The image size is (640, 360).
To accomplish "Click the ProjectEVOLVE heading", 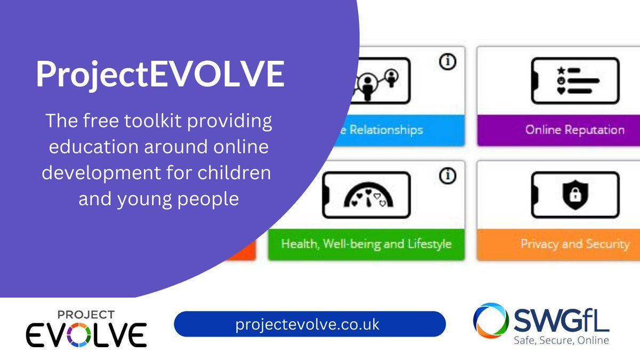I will pyautogui.click(x=160, y=75).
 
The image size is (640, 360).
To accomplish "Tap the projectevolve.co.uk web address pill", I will pyautogui.click(x=309, y=324).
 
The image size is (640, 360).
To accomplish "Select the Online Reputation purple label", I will pyautogui.click(x=558, y=130).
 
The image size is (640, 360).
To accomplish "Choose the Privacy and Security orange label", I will pyautogui.click(x=558, y=244).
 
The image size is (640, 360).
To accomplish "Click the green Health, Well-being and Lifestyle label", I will pyautogui.click(x=366, y=244).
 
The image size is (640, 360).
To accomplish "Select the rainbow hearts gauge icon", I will pyautogui.click(x=368, y=196).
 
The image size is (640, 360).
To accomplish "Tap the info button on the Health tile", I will pyautogui.click(x=448, y=176).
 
